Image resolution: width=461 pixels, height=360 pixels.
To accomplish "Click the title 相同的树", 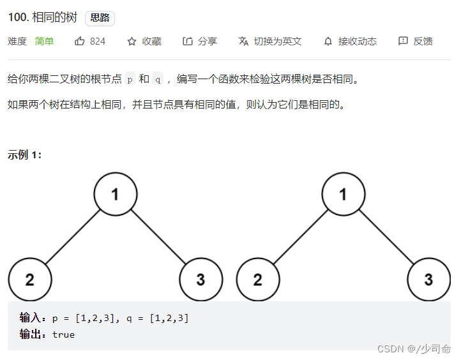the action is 55,19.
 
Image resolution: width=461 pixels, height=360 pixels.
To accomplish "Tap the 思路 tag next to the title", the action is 100,19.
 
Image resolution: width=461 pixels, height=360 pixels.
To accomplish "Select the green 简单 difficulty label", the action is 45,41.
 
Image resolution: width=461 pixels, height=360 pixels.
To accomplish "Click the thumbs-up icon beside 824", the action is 80,41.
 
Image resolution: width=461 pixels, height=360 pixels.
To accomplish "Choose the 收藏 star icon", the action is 132,41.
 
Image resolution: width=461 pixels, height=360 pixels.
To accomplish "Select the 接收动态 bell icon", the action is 328,41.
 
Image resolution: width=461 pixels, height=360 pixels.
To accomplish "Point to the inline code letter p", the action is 130,80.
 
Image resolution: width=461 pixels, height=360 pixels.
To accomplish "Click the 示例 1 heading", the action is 25,154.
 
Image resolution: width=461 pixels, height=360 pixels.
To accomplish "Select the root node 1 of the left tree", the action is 116,194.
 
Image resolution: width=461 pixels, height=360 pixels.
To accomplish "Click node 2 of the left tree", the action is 30,280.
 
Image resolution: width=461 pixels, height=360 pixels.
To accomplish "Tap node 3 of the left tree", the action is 201,280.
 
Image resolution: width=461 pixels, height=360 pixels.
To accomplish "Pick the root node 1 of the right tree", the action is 344,194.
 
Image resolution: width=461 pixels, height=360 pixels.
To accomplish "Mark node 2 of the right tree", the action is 258,280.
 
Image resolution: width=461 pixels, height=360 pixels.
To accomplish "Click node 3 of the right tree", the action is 429,280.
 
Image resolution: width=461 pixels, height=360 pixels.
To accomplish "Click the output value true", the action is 63,334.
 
